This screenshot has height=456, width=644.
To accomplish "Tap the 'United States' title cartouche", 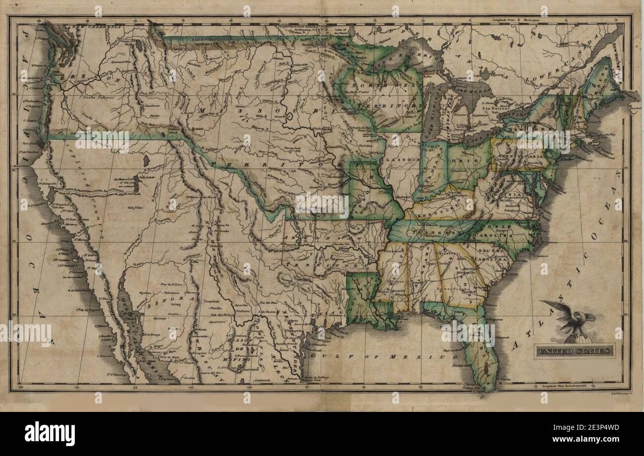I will pos(575,351).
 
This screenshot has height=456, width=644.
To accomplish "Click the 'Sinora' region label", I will pos(164,300).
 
